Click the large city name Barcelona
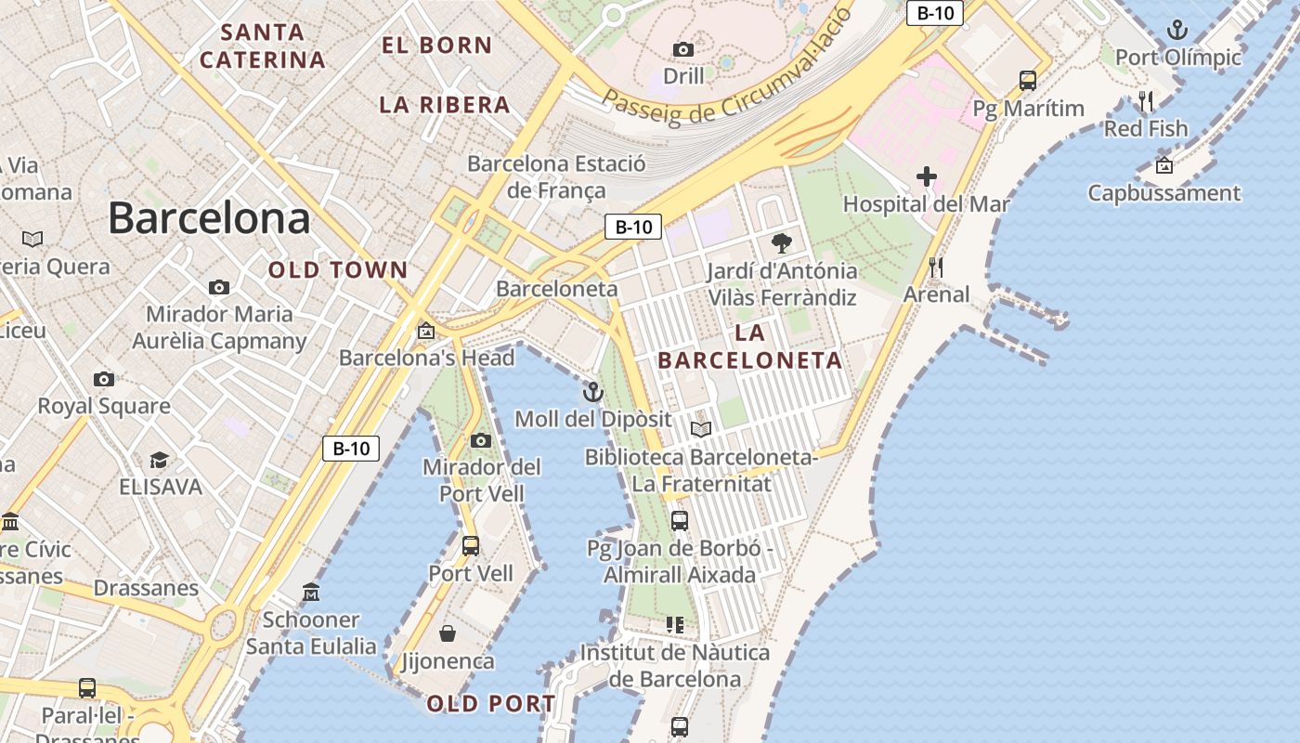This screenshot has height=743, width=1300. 209,218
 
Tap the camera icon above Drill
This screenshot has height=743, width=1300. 683,49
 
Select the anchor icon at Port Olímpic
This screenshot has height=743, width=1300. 1176,30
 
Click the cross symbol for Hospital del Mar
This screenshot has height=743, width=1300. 926,176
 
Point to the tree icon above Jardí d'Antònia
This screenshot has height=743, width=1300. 782,243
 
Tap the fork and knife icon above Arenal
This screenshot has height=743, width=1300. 936,267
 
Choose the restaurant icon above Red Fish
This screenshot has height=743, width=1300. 1146,101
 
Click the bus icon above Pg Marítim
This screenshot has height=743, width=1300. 1028,81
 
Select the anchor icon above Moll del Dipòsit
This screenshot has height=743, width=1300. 592,392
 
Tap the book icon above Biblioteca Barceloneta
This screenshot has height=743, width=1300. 701,429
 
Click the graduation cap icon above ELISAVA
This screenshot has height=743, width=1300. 160,460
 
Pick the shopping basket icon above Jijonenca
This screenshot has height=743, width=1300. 448,633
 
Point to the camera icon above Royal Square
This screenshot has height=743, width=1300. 104,379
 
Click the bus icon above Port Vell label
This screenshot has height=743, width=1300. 471,545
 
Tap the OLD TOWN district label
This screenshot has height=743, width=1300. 338,270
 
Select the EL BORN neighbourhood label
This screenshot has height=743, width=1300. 436,45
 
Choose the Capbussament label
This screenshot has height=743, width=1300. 1164,193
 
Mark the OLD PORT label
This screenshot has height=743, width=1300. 491,704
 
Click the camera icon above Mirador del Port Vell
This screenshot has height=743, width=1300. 481,440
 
